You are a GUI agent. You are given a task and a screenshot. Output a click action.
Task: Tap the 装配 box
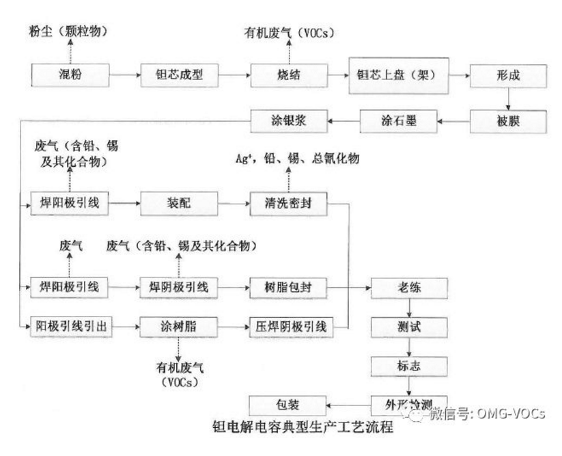[180, 203]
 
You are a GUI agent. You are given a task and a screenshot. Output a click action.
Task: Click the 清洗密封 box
[289, 203]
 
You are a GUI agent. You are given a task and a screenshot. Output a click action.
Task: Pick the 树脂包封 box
[289, 288]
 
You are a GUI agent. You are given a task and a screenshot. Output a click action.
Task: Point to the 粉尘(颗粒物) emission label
[70, 31]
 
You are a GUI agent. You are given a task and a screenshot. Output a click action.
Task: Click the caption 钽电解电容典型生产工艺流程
[303, 429]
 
